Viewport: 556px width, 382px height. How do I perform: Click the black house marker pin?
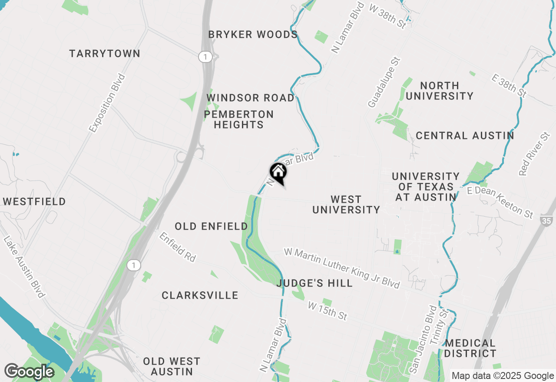pos(278,172)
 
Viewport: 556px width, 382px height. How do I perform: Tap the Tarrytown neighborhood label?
pos(105,53)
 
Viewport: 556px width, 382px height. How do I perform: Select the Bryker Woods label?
pos(253,34)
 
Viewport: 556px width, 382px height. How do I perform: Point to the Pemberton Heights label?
pos(238,119)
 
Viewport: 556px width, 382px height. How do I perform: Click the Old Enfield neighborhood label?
pos(211,226)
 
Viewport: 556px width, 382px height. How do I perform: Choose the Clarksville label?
pos(200,295)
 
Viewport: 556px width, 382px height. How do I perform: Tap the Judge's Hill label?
pos(314,283)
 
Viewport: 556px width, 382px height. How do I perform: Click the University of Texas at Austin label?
pos(426,187)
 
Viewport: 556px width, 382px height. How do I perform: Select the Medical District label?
pos(470,348)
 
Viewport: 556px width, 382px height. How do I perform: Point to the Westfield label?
pos(34,201)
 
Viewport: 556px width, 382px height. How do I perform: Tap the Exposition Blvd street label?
pos(107,103)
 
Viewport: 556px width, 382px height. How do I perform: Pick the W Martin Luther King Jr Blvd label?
pos(341,268)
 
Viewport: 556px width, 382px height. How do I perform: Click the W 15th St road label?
pos(328,311)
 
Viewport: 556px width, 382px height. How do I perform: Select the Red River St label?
pos(534,154)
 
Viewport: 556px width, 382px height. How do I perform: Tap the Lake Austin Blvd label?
pos(24,267)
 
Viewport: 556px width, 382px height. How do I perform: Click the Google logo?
pos(29,372)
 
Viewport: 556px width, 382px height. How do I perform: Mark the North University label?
pos(439,91)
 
